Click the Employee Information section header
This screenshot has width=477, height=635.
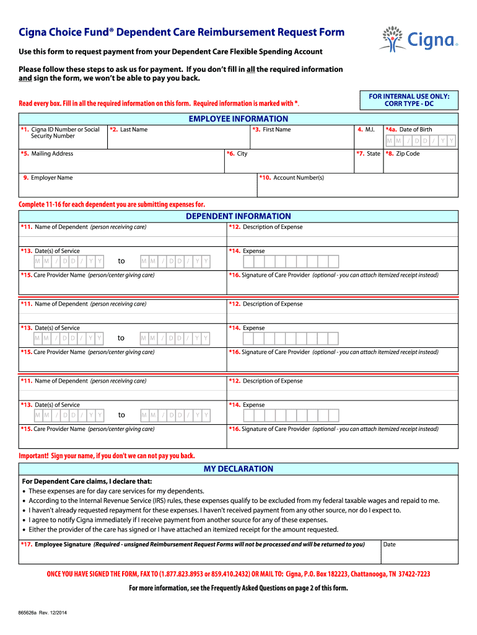tap(239, 118)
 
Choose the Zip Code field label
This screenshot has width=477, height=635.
tap(407, 154)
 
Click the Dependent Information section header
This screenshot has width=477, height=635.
tap(239, 216)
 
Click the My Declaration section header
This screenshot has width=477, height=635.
tap(239, 469)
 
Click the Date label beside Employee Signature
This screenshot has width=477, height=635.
tap(390, 544)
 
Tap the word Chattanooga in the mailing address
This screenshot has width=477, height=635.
tap(368, 574)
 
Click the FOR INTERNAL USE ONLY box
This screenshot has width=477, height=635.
tap(409, 100)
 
